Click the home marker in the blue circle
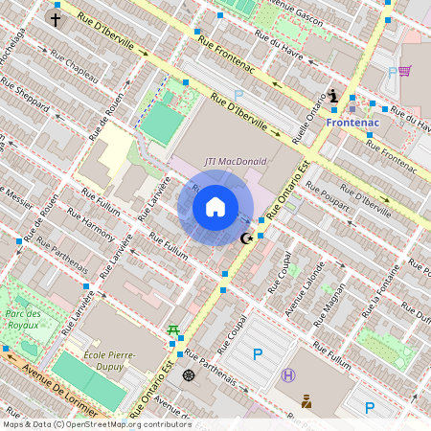215,207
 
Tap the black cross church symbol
56,19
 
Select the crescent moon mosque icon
246,238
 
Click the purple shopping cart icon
405,71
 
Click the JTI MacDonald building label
236,161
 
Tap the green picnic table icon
173,330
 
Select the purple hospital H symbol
288,375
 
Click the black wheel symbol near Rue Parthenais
189,374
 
